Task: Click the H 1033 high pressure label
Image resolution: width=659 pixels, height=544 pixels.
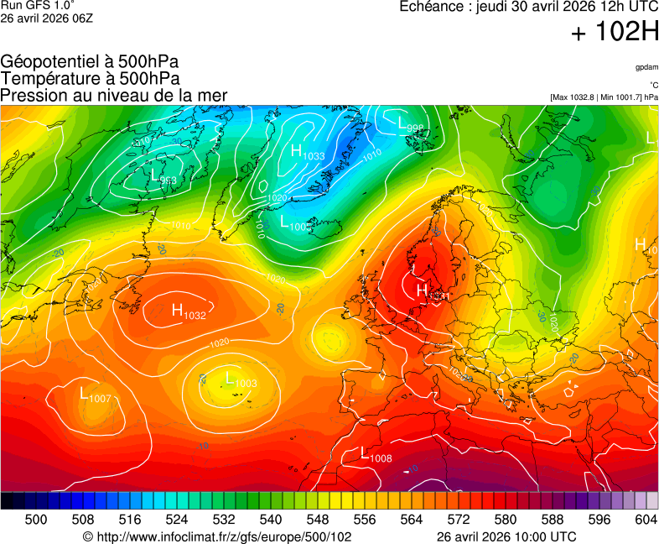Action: pyautogui.click(x=308, y=152)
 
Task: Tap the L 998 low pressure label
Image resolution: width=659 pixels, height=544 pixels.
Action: pyautogui.click(x=411, y=124)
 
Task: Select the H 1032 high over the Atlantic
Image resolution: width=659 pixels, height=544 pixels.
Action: pyautogui.click(x=189, y=311)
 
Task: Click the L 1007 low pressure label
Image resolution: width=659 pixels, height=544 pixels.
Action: pyautogui.click(x=95, y=395)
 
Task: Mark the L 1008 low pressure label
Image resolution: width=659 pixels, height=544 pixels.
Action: pyautogui.click(x=376, y=455)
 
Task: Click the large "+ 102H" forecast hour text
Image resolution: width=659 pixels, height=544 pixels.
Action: pyautogui.click(x=615, y=33)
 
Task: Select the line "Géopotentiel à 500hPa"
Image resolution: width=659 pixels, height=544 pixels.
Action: pyautogui.click(x=90, y=63)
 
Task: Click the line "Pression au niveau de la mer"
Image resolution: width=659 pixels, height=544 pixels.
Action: pyautogui.click(x=114, y=96)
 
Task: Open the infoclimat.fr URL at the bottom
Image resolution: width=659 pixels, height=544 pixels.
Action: pyautogui.click(x=216, y=536)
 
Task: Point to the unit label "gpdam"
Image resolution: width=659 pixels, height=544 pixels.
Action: pyautogui.click(x=646, y=66)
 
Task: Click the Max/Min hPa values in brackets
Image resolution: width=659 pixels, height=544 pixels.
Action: pyautogui.click(x=604, y=97)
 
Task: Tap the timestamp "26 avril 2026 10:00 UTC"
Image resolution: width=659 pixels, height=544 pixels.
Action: pyautogui.click(x=506, y=536)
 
